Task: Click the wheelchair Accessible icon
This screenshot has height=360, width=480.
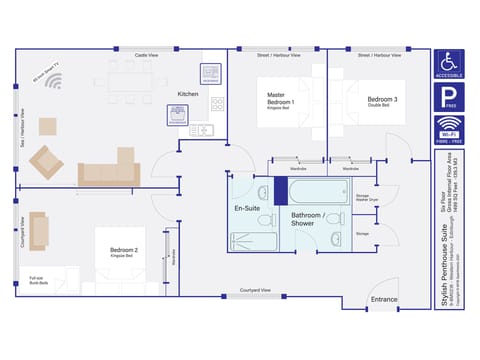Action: [449, 65]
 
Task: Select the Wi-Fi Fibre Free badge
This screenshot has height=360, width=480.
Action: [449, 131]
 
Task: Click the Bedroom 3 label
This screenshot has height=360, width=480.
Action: [382, 100]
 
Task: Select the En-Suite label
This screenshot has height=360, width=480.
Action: [247, 208]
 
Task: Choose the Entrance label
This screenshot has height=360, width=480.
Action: [384, 299]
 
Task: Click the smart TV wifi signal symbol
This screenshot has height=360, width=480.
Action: [53, 82]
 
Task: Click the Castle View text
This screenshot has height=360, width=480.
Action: [149, 55]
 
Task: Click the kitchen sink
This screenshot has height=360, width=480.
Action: [201, 129]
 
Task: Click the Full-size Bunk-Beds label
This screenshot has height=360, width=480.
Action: [37, 281]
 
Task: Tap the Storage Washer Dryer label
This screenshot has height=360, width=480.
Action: [367, 198]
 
